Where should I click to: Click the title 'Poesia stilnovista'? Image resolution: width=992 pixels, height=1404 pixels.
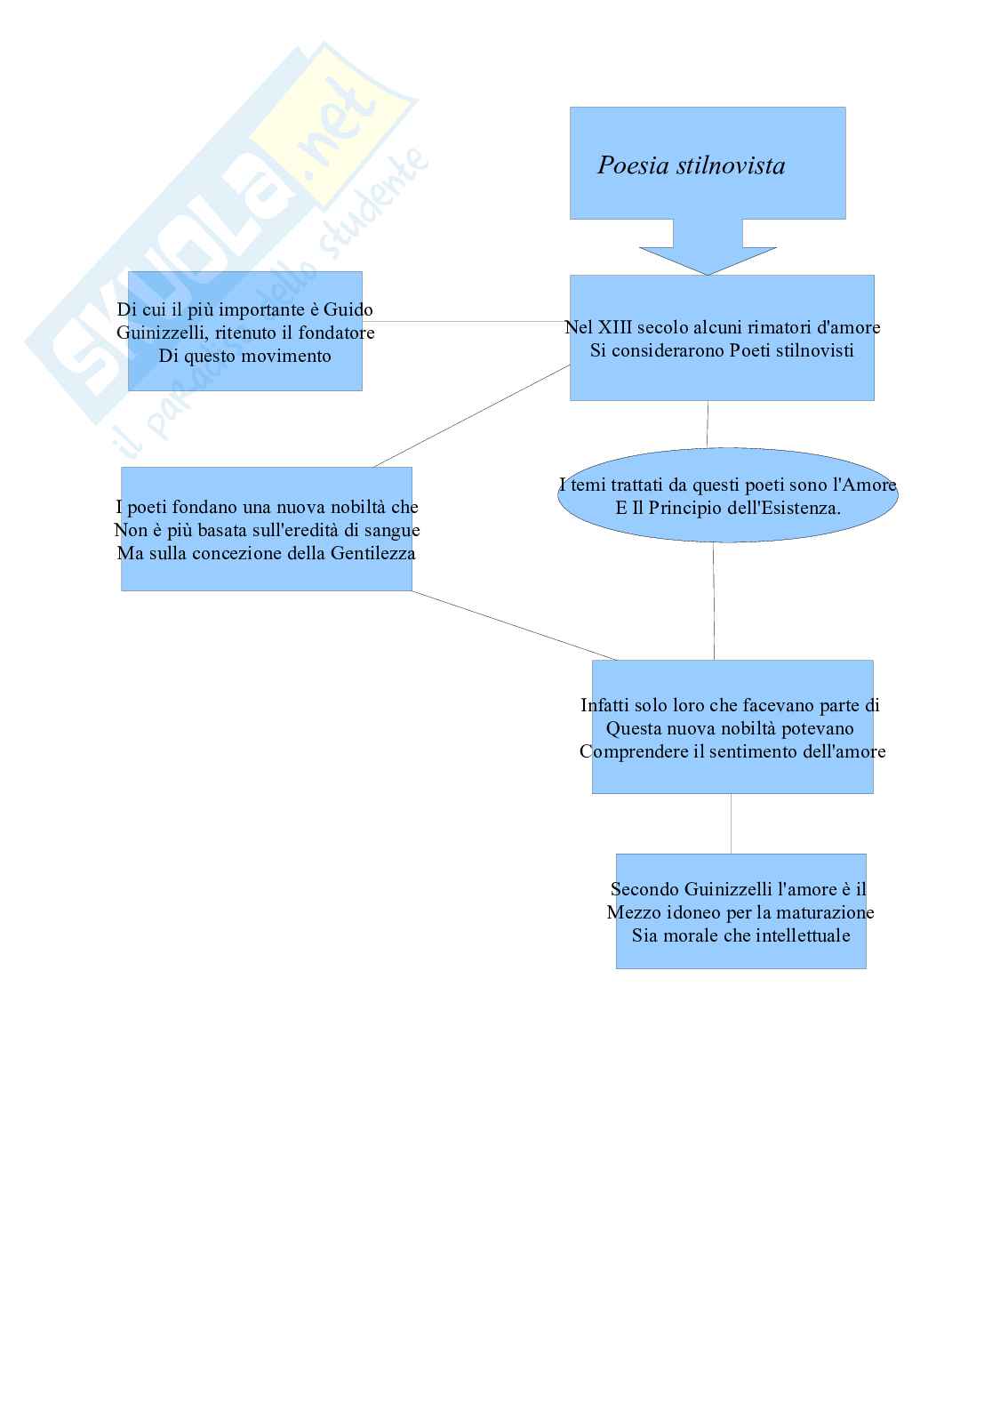pos(691,166)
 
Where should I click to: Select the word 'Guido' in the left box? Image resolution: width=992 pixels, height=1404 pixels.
pos(348,310)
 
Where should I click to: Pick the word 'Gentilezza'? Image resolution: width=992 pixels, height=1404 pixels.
pos(372,554)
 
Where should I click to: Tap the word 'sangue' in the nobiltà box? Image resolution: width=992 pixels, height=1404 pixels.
pos(391,531)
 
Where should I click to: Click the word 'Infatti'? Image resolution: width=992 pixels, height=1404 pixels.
pos(604,706)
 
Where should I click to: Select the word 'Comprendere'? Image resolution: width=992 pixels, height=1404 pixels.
pos(633,752)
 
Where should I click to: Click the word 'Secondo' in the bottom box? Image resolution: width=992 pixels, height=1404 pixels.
pos(644,890)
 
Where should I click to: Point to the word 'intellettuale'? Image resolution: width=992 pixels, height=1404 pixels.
pos(799,936)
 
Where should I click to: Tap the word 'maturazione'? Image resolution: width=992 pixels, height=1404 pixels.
pos(824,913)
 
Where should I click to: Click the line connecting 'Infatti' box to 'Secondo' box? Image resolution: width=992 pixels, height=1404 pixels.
pos(732,823)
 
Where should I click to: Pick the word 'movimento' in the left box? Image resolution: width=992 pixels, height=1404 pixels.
pos(288,357)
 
